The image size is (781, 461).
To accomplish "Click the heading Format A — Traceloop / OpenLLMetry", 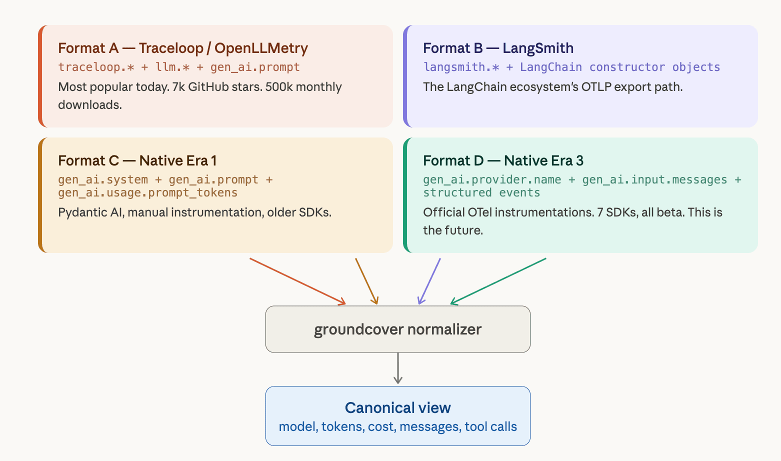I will (182, 48).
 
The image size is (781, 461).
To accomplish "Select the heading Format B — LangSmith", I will (498, 48).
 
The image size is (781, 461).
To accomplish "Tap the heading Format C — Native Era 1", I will (137, 160).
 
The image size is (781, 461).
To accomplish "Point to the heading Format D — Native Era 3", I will (503, 160).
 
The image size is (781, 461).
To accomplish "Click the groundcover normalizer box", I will (397, 329).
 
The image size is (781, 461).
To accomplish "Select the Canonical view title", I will (397, 408).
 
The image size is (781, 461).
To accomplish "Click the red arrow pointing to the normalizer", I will (297, 281).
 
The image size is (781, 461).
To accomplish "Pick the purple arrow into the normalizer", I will (429, 281).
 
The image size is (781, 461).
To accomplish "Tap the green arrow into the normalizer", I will (498, 281).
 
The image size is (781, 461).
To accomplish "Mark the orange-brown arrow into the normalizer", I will (366, 281).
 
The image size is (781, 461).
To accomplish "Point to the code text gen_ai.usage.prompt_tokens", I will (147, 193).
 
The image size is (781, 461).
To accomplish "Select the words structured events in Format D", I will (481, 193).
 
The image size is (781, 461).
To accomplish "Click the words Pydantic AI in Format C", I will (90, 212).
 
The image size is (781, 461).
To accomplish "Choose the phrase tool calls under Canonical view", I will (490, 427).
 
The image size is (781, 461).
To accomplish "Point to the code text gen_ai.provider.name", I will (492, 179).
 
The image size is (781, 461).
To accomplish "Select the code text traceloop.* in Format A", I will (96, 67).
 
